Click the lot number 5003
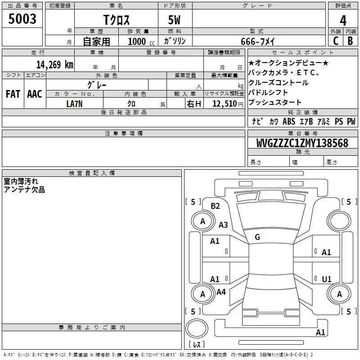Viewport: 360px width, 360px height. tap(22, 19)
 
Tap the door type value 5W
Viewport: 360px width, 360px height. tap(175, 20)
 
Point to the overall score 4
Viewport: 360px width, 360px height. tap(343, 21)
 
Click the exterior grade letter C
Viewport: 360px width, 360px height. tap(335, 41)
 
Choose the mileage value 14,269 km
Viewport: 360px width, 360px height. tap(53, 64)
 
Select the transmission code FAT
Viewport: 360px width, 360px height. tap(13, 94)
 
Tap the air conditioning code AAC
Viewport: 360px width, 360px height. tap(34, 94)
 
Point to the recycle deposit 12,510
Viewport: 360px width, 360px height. tap(224, 103)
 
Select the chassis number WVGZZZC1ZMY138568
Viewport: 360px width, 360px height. tap(302, 143)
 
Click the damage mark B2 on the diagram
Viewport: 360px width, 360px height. tap(215, 206)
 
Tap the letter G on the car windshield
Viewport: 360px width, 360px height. tap(257, 237)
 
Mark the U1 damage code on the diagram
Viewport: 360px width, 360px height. tap(326, 279)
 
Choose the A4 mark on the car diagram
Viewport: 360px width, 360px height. tap(221, 292)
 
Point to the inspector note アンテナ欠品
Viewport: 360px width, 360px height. tap(24, 189)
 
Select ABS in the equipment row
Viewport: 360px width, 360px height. tap(289, 121)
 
